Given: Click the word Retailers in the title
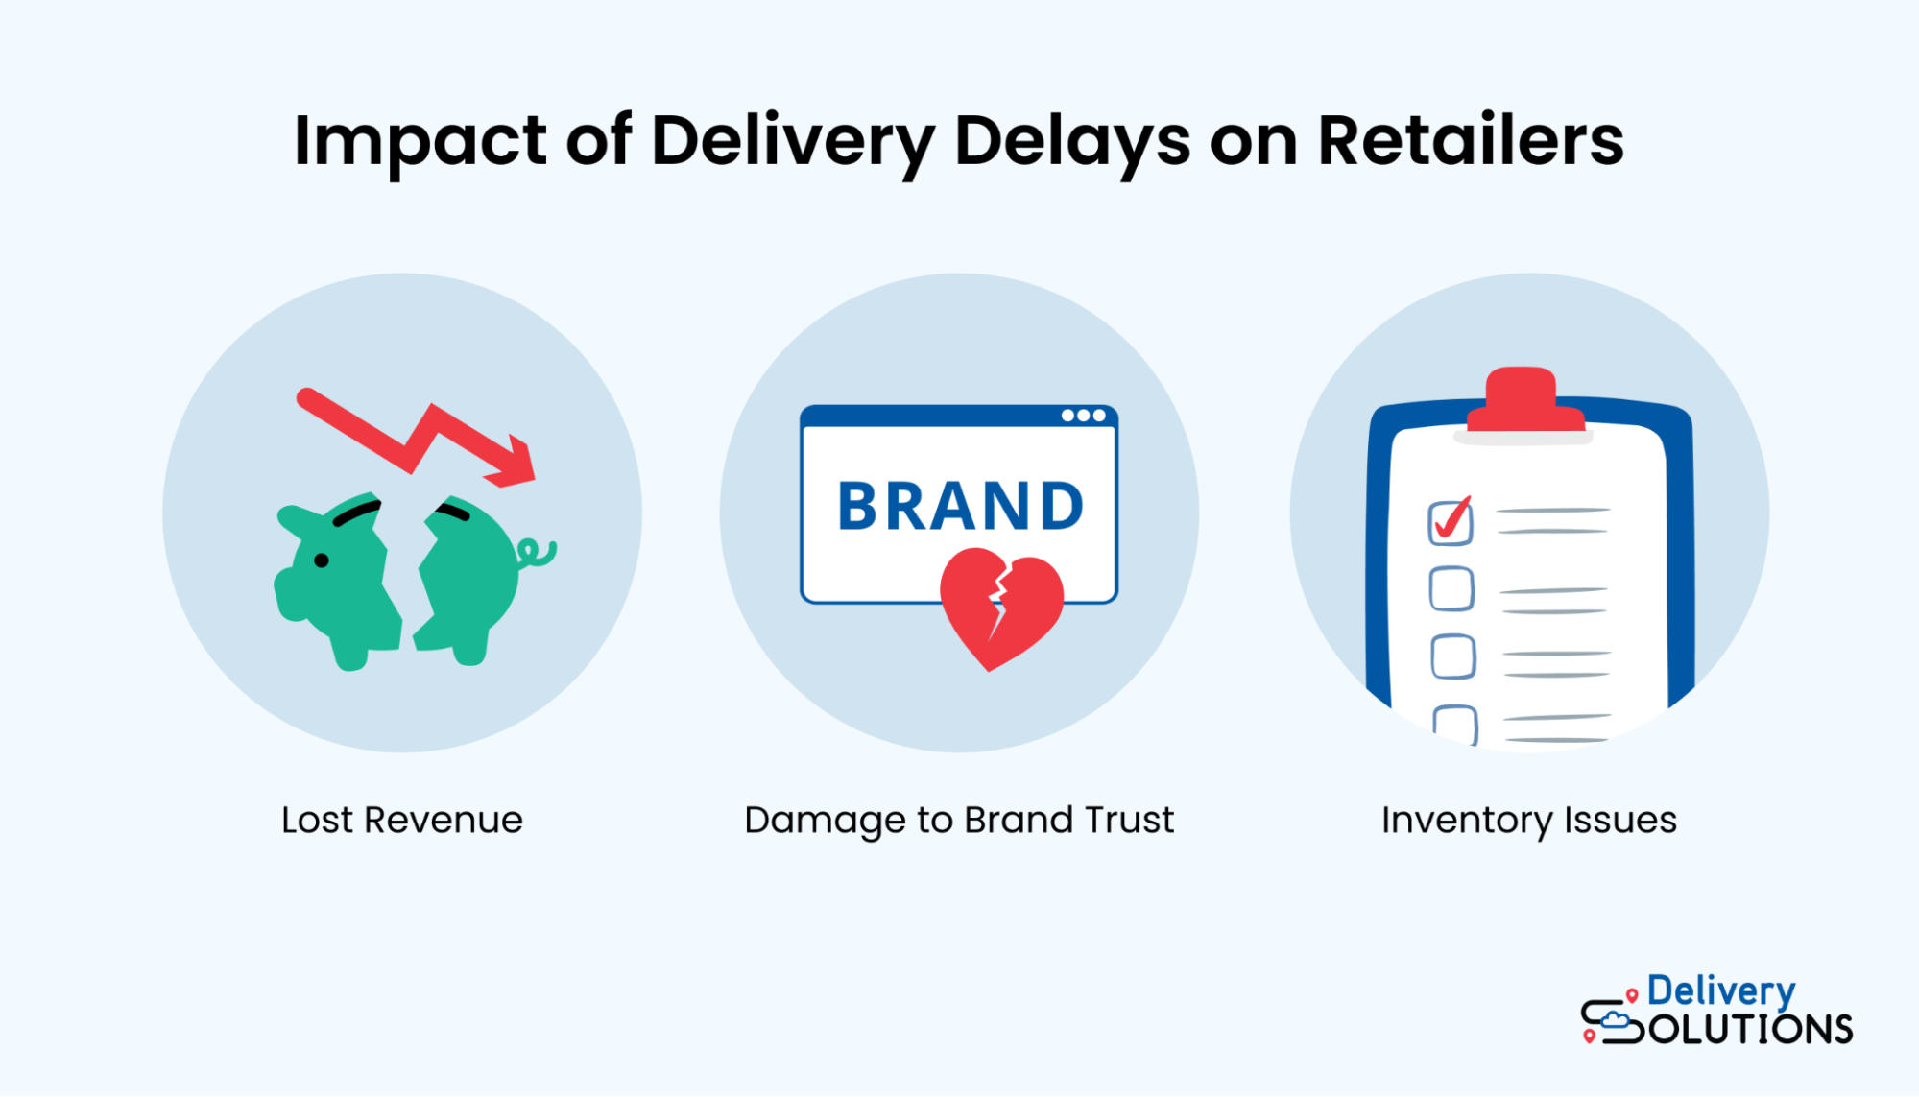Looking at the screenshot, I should (1470, 141).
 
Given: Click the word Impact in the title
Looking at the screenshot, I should (420, 141).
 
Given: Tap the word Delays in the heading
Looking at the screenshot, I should (1071, 141).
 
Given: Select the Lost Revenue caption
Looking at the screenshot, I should (401, 821).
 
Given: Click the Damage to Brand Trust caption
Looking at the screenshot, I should (958, 821).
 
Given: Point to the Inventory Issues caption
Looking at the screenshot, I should (1528, 821).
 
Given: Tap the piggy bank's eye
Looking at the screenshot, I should (322, 560).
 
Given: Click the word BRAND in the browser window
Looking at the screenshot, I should (960, 507).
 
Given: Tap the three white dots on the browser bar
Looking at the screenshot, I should (1083, 416).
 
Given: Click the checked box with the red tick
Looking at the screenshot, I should (1450, 522).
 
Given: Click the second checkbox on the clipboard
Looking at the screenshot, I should (1451, 589).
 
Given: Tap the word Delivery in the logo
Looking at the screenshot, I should (1720, 991).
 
